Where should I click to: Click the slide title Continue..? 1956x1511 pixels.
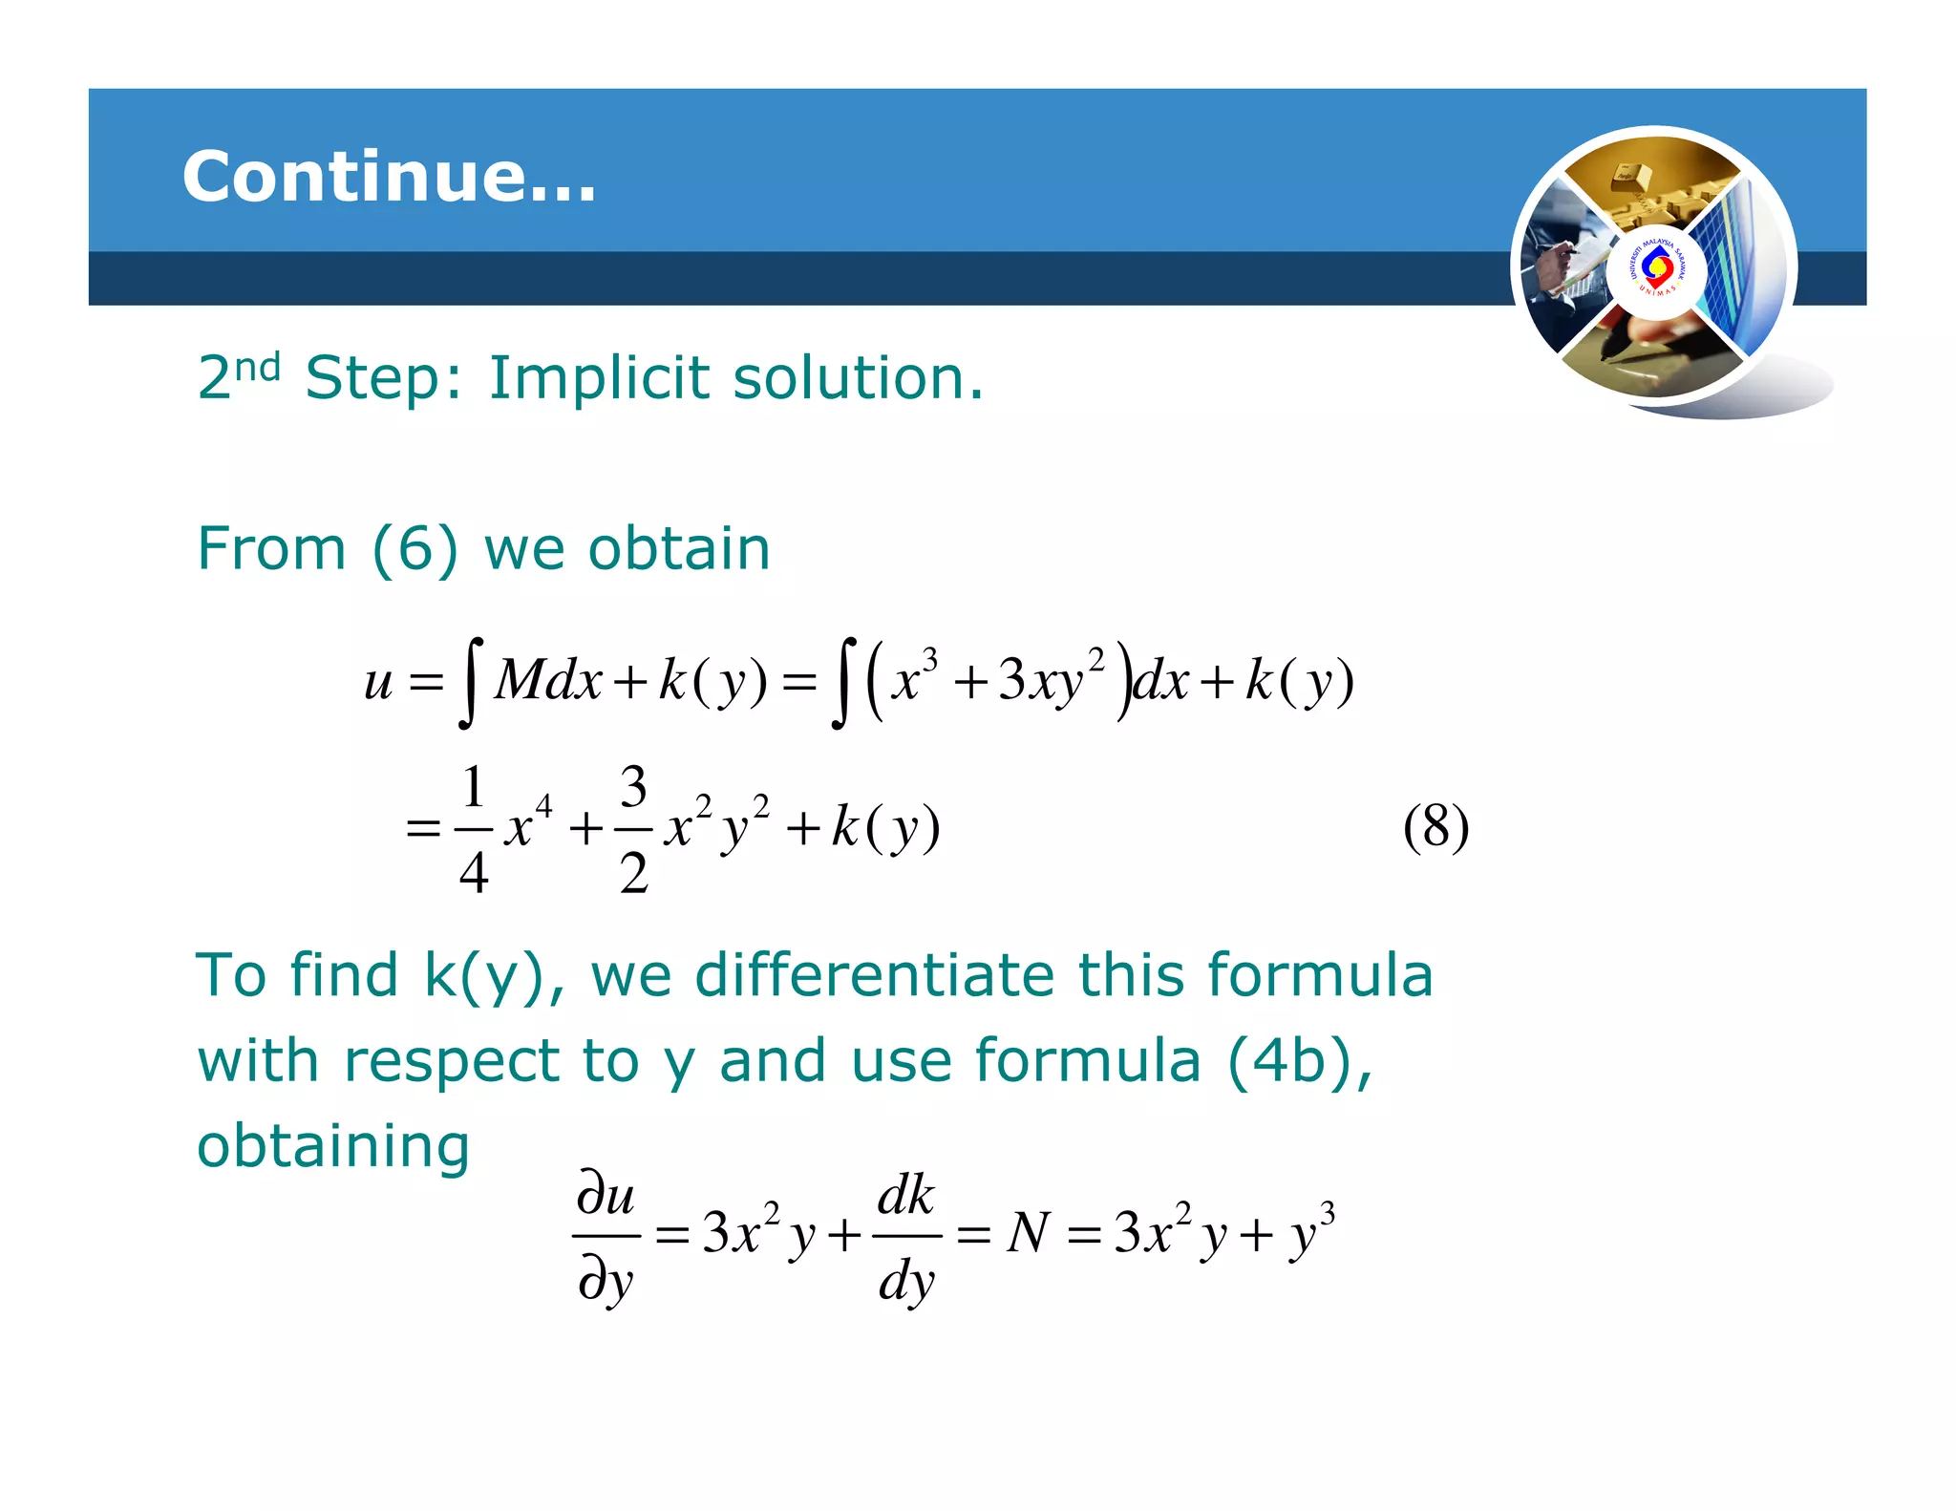point(389,177)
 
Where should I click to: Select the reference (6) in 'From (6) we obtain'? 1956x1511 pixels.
point(415,549)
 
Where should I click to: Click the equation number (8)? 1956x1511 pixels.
point(1435,827)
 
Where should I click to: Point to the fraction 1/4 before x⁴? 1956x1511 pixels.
point(474,829)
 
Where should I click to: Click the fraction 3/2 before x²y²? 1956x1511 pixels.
point(633,829)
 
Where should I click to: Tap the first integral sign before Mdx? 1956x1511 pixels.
point(469,682)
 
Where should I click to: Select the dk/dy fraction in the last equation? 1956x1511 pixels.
point(906,1237)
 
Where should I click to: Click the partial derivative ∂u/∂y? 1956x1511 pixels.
point(606,1237)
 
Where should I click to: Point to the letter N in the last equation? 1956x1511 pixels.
point(1029,1233)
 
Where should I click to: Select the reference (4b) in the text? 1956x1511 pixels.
point(1298,1061)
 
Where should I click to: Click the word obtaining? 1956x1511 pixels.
point(333,1146)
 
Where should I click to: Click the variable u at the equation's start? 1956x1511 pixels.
point(378,682)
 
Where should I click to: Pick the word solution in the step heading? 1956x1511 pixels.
point(858,377)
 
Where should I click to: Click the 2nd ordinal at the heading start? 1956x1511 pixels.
point(239,375)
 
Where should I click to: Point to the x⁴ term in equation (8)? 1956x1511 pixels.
point(528,825)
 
